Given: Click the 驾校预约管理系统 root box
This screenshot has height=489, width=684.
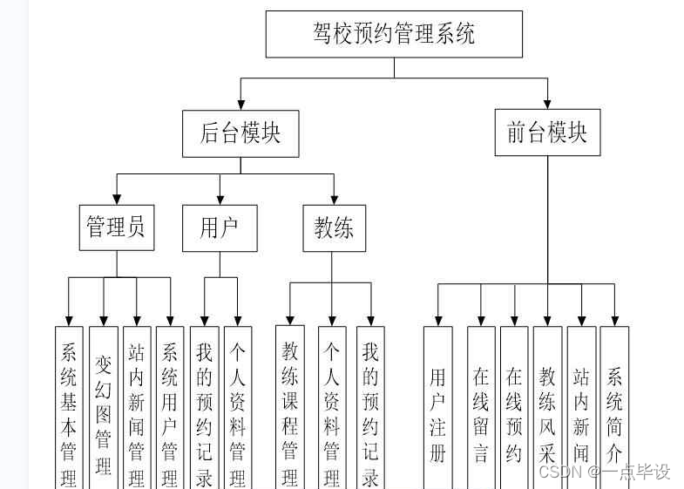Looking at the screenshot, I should (394, 34).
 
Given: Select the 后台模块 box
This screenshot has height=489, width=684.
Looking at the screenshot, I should (240, 133).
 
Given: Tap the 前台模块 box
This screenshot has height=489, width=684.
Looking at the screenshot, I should (547, 132).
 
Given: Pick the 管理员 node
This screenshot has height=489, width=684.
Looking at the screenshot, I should (117, 228).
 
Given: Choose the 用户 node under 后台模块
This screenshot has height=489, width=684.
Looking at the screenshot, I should (220, 228).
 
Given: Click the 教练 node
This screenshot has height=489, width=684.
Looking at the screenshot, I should (335, 228).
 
